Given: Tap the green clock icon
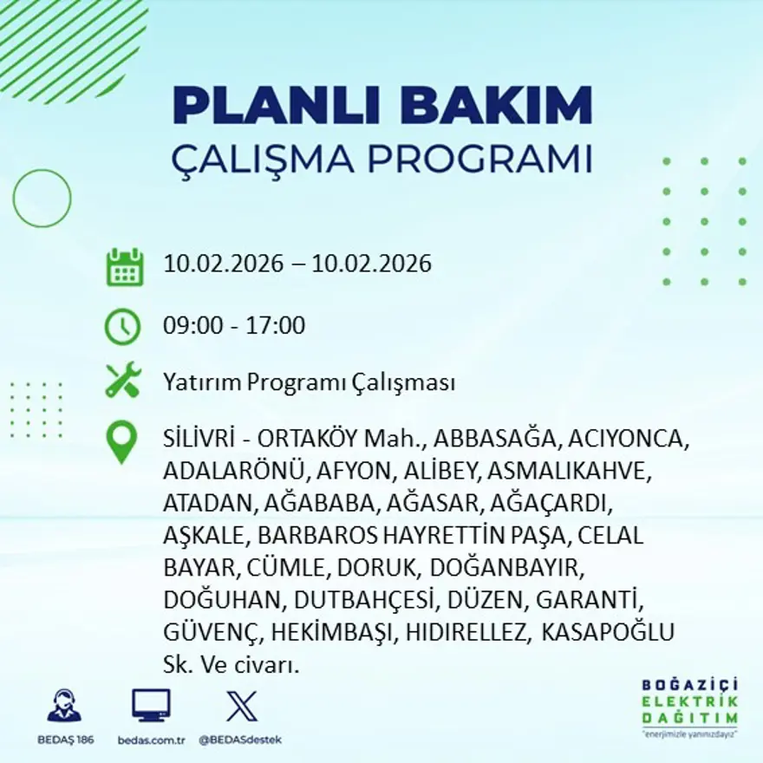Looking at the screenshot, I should [122, 326].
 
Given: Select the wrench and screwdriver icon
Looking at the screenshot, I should [122, 381].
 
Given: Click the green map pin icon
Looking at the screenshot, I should [122, 442].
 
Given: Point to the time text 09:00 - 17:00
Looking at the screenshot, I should [234, 326].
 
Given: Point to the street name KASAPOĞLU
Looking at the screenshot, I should [608, 633].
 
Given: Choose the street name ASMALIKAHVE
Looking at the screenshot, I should [567, 471].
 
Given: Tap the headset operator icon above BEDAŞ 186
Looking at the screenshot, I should [64, 707].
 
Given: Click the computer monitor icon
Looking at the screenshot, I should [151, 705].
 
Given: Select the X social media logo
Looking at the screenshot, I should [241, 705].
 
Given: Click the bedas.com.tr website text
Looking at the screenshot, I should [151, 740].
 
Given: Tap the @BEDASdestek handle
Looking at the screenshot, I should [240, 740].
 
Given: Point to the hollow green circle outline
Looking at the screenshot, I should [42, 199].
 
